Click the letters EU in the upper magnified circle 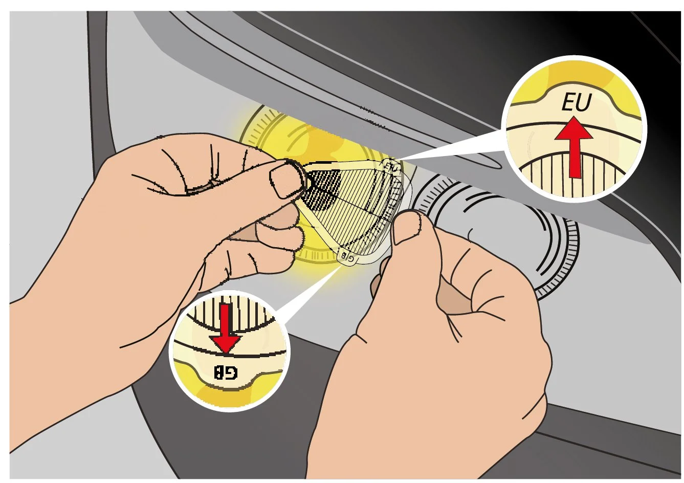(x=576, y=102)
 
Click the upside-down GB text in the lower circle (x=226, y=372)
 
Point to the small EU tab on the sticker (x=391, y=166)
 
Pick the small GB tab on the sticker (x=347, y=257)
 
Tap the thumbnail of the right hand (x=408, y=229)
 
